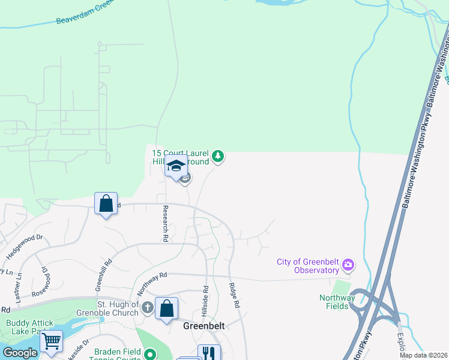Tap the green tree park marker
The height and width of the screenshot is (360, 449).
click(218, 157)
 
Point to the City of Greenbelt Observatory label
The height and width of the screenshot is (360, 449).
click(308, 266)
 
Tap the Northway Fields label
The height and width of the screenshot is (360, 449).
click(337, 302)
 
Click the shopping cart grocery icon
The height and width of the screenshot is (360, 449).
click(51, 341)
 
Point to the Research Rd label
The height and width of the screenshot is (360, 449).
click(165, 224)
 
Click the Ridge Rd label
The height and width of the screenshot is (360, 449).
click(234, 296)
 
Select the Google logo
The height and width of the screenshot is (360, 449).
click(20, 353)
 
